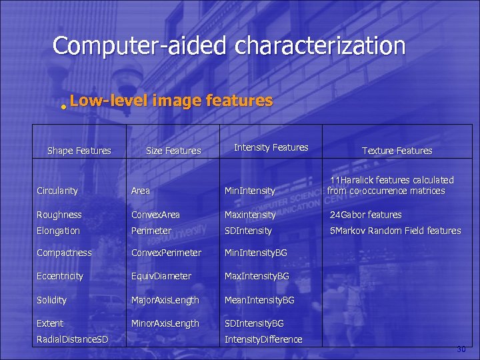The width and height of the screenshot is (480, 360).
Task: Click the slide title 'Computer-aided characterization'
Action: click(x=229, y=46)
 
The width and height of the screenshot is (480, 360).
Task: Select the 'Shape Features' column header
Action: click(x=79, y=151)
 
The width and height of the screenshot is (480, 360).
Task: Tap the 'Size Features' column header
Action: click(x=173, y=151)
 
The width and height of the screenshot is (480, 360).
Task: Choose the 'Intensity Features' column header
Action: click(x=271, y=147)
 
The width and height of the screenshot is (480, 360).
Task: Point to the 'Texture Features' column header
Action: click(x=397, y=151)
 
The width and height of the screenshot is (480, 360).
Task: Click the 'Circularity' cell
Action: click(x=57, y=191)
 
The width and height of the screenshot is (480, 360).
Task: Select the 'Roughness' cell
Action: click(x=59, y=215)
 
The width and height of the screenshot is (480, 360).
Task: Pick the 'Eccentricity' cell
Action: click(x=60, y=276)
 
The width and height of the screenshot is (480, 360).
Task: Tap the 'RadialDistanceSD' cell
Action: click(x=73, y=339)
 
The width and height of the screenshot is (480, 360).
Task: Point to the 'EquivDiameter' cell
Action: click(x=161, y=276)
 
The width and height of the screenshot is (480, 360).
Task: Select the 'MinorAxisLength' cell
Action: click(x=165, y=323)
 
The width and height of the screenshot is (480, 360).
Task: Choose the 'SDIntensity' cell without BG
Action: click(x=248, y=231)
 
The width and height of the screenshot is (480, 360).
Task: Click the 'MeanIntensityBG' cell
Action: click(x=259, y=300)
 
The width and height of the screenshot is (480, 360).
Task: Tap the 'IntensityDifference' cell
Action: click(x=263, y=339)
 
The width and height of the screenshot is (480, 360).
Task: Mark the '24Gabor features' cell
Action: click(x=366, y=215)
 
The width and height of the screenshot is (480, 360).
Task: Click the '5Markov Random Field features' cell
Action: click(x=396, y=231)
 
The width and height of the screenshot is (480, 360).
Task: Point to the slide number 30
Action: click(x=461, y=349)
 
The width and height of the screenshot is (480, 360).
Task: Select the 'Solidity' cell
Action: click(x=52, y=300)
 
